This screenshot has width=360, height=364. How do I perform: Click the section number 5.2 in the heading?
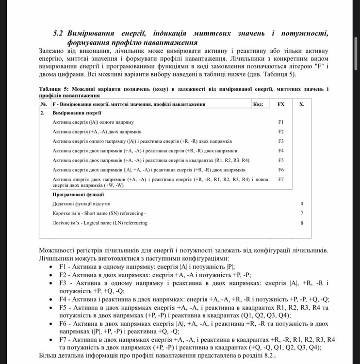59,33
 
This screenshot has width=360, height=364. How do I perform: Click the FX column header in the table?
281,104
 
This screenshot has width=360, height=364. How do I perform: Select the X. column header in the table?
302,104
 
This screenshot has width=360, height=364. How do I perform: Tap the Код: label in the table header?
259,104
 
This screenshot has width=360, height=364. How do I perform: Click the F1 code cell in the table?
281,122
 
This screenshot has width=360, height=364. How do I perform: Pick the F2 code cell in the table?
281,132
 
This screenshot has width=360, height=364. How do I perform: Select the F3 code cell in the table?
281,141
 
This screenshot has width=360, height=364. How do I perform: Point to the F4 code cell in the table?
281,150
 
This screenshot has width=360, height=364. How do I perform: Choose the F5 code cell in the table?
281,160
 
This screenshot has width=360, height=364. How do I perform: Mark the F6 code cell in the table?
281,170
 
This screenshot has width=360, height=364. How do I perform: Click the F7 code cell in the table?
281,180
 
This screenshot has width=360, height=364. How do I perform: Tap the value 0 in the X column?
302,204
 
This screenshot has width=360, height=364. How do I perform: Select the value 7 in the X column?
302,214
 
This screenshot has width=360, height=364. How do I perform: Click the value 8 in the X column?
302,223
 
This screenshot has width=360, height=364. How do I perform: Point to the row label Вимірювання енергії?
73,113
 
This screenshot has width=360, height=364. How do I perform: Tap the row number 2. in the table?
43,113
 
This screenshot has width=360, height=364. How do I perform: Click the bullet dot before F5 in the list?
53,308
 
